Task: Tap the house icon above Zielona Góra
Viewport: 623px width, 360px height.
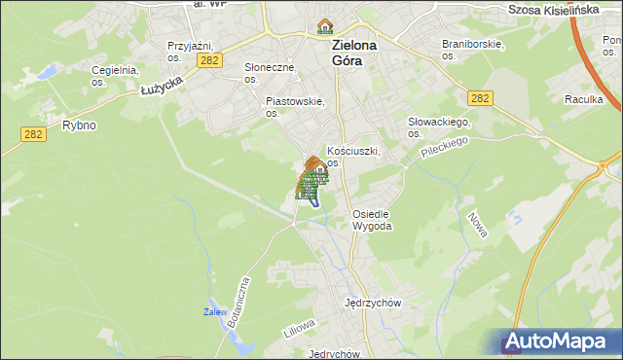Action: (325, 26)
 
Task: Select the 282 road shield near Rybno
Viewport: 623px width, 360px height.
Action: (32, 135)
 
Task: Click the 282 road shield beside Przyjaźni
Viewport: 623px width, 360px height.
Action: (208, 60)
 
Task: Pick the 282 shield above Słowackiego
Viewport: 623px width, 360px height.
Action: (479, 98)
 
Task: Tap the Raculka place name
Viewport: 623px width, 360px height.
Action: (584, 99)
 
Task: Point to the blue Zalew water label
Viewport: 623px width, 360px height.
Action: (215, 312)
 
